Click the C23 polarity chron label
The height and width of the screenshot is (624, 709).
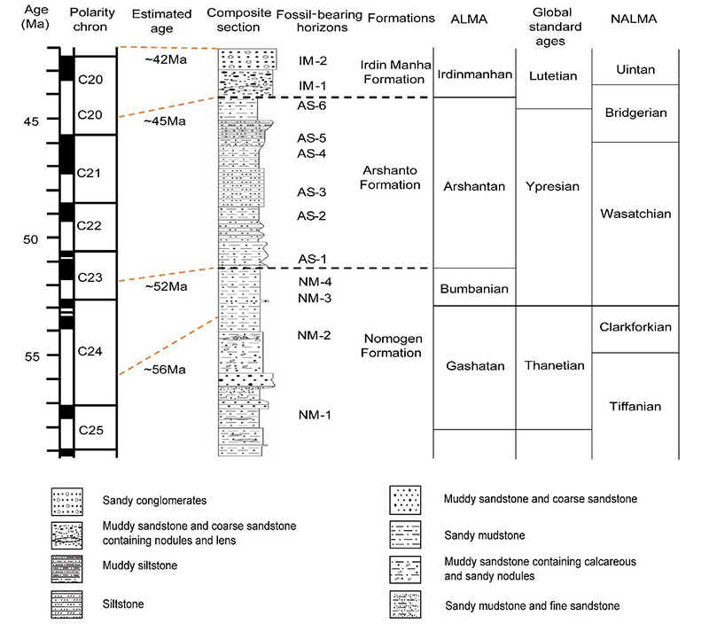click(90, 278)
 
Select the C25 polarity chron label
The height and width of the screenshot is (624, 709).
click(90, 431)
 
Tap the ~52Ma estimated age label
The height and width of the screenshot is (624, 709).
click(165, 286)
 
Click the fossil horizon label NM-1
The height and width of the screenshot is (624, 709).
click(315, 415)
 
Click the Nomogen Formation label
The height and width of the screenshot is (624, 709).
click(392, 346)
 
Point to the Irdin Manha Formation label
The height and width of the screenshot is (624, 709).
click(395, 72)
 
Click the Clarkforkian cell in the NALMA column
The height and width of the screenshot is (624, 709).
click(635, 328)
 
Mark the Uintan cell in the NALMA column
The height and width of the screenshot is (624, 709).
click(635, 69)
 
